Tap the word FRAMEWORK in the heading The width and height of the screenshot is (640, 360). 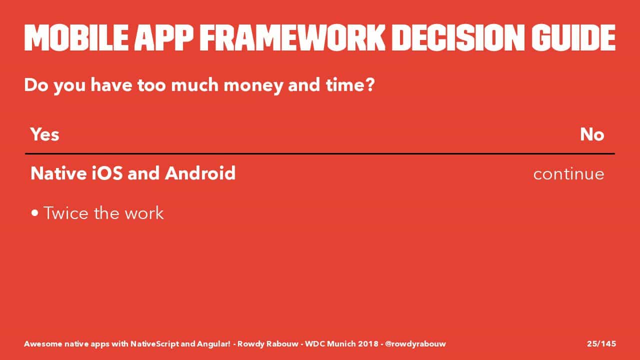pos(292,37)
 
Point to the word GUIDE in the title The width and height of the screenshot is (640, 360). pos(573,37)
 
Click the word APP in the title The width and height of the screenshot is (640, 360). pos(163,37)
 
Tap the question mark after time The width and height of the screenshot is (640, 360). pos(370,85)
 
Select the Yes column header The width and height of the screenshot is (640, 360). pos(45,134)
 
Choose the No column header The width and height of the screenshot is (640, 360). pos(592,134)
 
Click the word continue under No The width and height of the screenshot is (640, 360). pos(568,174)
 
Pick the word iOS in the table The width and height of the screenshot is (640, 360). pos(107,173)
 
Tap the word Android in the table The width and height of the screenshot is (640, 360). pos(200,173)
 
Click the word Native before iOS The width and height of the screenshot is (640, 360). pos(58,173)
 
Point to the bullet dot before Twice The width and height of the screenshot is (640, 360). pos(35,213)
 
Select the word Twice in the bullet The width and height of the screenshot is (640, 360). pos(66,213)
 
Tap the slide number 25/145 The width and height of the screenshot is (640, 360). pos(601,343)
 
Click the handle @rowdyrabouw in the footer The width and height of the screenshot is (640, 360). pos(415,344)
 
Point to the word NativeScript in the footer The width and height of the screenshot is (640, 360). pos(155,344)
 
